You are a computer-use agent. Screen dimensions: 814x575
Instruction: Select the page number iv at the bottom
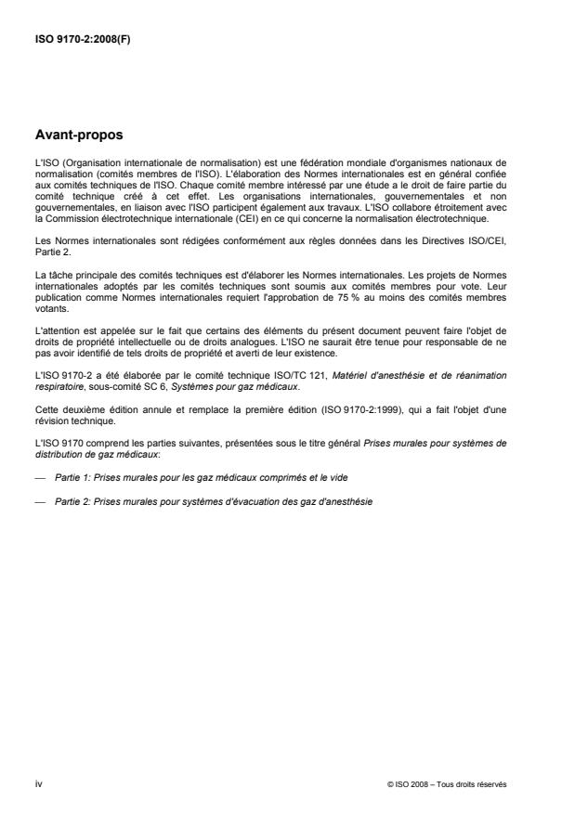pos(37,783)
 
